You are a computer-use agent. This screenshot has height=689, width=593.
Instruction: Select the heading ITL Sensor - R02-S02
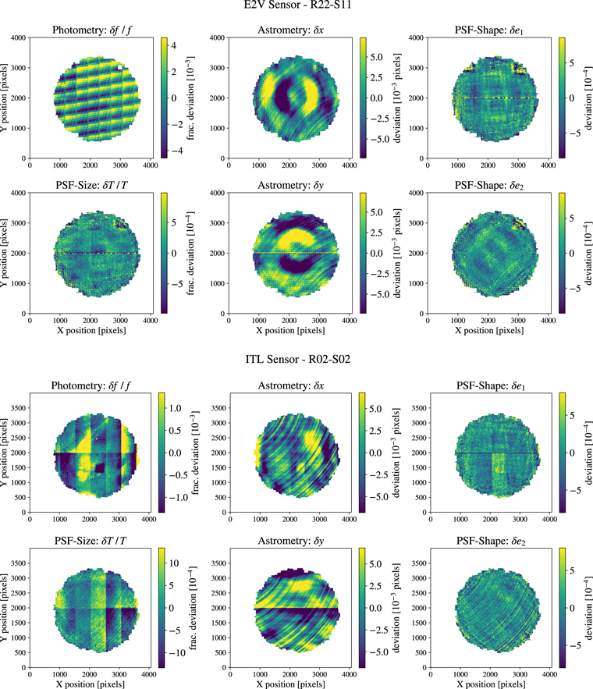click(x=296, y=360)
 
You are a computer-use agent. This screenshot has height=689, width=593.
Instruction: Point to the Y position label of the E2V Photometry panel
click(x=6, y=98)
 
